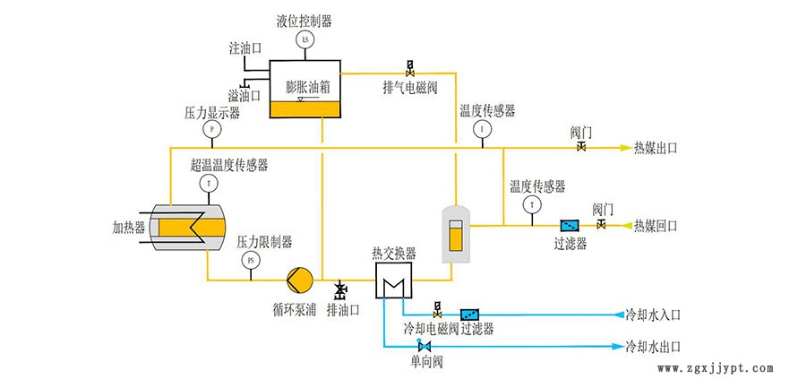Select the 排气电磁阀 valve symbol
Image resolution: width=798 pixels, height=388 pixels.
click(x=410, y=68)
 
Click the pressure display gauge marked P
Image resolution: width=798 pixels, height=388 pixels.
click(x=212, y=129)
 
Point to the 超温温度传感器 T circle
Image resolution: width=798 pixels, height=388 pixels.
click(x=210, y=183)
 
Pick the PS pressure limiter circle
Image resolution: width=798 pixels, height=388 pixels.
click(x=250, y=261)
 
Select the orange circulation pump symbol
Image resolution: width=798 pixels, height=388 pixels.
click(x=298, y=280)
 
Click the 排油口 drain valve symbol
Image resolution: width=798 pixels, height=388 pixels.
click(x=340, y=290)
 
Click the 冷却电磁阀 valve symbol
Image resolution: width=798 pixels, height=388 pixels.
click(x=437, y=311)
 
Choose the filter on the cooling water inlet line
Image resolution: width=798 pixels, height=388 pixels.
click(x=469, y=315)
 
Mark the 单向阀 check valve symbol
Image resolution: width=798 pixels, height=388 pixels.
click(x=420, y=346)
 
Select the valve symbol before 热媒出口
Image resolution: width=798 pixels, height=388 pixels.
click(x=581, y=147)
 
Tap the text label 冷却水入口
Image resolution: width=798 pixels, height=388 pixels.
click(x=654, y=315)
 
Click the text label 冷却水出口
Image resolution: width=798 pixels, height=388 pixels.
click(x=654, y=346)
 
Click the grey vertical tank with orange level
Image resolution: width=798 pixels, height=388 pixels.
click(x=457, y=234)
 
